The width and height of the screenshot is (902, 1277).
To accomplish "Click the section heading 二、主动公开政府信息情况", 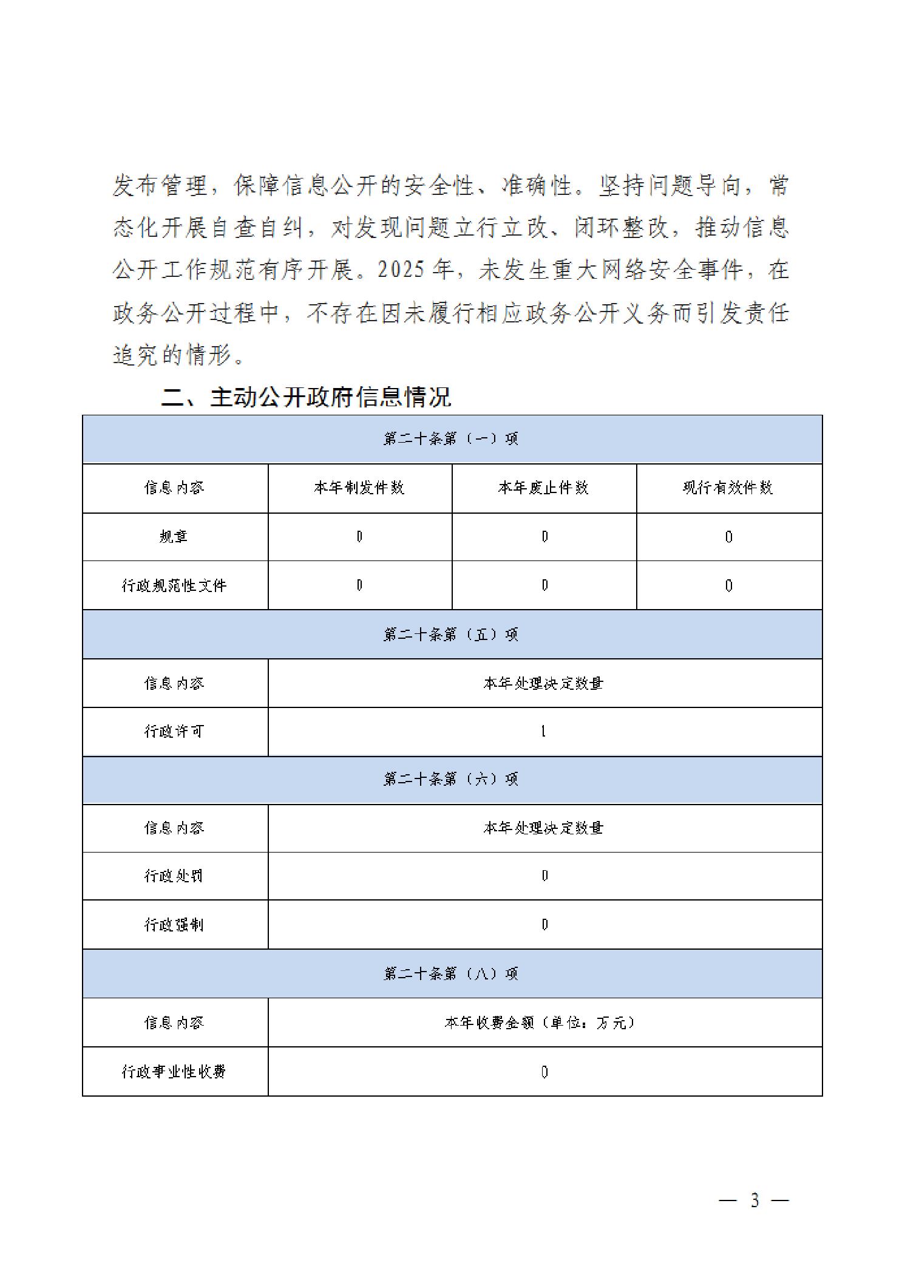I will coord(307,398).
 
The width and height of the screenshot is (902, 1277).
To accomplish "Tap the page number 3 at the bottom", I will coord(754,1200).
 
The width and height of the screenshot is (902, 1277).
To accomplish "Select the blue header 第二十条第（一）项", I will coord(451,439).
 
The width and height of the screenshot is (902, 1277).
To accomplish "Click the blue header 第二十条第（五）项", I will coord(451,635).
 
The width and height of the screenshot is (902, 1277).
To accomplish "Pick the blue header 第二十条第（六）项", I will coord(451,779).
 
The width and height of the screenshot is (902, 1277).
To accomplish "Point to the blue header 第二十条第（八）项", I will coord(451,974).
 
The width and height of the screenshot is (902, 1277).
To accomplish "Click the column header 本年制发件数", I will coord(359,488).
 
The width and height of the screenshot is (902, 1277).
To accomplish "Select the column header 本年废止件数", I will coord(543,488).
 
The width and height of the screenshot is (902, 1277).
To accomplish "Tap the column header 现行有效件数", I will coord(728,488).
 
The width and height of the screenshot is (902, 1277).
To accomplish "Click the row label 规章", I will coord(174,537).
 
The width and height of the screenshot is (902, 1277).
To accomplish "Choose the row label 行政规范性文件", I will coord(174,585).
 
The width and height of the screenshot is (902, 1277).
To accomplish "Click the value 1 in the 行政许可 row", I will coord(543,732).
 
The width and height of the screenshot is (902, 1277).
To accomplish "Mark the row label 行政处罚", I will coord(174,876).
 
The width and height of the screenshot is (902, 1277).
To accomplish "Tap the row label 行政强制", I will coord(174,925).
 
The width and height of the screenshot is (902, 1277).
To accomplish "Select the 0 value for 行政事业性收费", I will coord(544,1072).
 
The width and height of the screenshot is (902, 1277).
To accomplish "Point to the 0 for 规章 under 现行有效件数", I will coord(729,537).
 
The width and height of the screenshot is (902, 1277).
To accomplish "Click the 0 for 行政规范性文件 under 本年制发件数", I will coord(359,585).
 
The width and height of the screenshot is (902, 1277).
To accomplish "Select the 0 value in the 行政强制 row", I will coord(544,925).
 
